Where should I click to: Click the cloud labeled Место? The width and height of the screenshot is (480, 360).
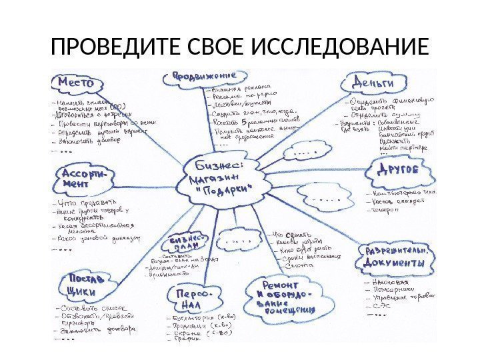coord(77,83)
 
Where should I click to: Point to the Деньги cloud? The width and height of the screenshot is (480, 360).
coord(373,83)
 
